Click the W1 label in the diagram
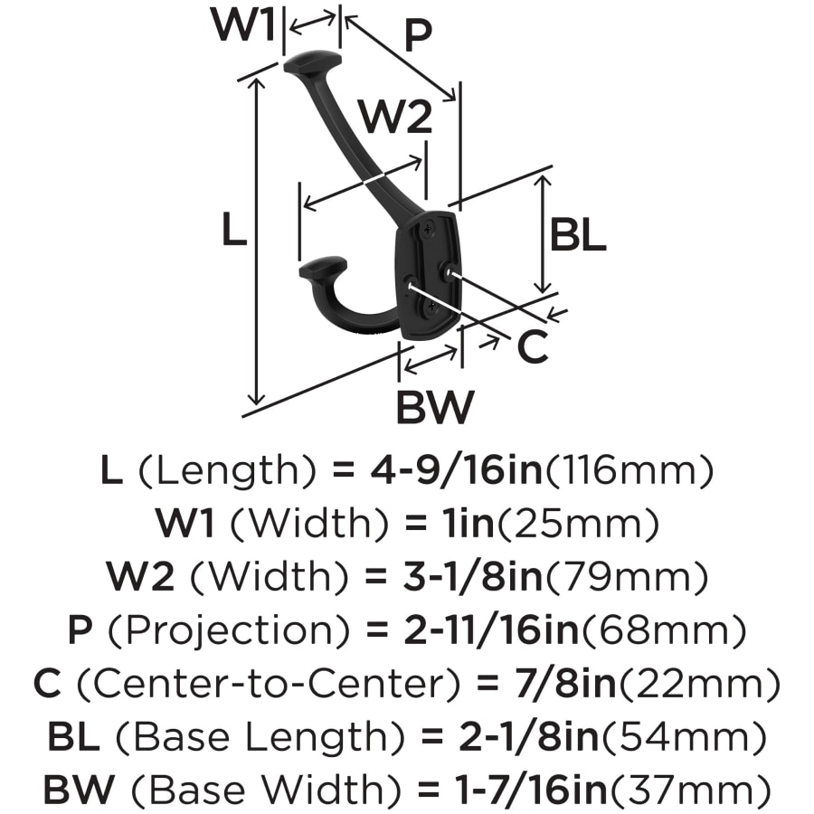point(243,24)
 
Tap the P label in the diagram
point(417,35)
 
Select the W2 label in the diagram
point(397,118)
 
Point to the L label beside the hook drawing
point(233,230)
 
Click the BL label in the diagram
point(578,235)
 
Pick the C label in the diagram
point(533,346)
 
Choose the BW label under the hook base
point(435,407)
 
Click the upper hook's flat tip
point(311,62)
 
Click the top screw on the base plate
point(427,228)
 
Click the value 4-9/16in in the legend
point(457,469)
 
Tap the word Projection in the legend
point(229,630)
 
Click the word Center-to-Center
point(269,685)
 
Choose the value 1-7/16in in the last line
point(531,790)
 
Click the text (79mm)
point(626,577)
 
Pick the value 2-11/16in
point(491,630)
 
